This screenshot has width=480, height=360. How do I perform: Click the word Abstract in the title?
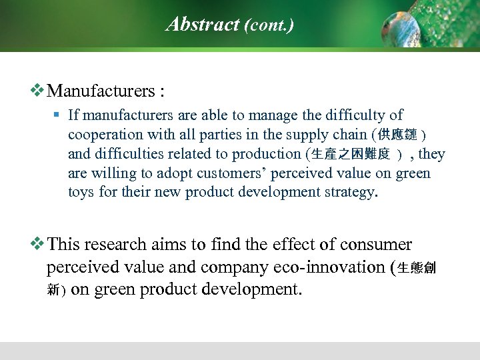[203, 25]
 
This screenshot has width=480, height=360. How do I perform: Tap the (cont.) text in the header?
[269, 25]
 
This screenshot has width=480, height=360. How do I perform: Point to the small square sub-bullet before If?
[57, 115]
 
